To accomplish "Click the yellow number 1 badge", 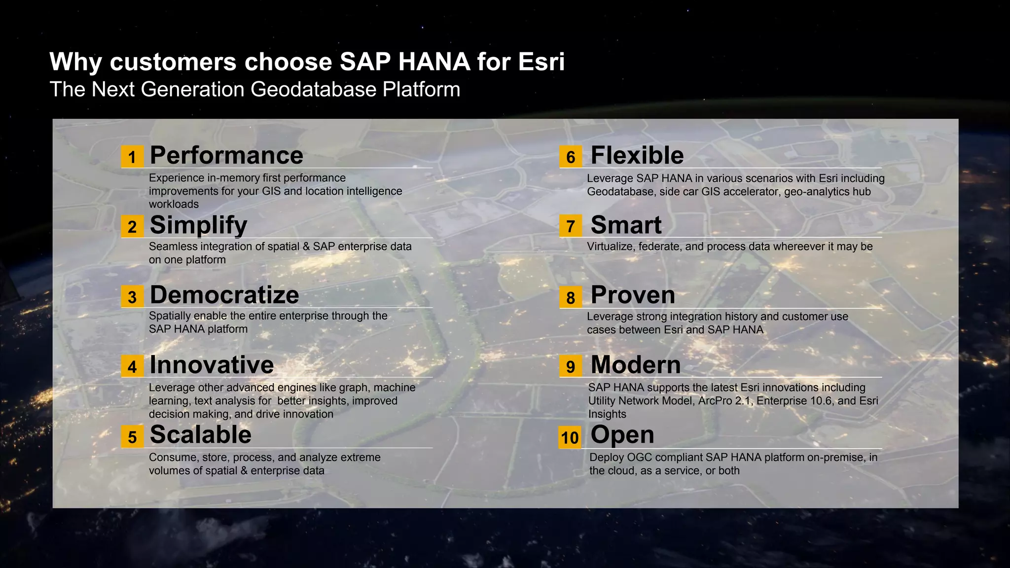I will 132,157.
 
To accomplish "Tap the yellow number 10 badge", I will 570,437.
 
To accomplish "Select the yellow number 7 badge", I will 571,226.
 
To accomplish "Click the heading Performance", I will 226,155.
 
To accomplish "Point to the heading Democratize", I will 224,295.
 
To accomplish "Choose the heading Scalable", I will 201,435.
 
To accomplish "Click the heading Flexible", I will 637,155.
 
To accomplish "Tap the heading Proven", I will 633,295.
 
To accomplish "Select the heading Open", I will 622,435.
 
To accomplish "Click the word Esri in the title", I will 541,62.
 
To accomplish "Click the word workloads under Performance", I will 174,204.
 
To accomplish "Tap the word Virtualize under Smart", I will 610,247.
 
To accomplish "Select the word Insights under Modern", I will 607,414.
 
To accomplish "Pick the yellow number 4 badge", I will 132,367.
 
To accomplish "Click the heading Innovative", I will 212,365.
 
